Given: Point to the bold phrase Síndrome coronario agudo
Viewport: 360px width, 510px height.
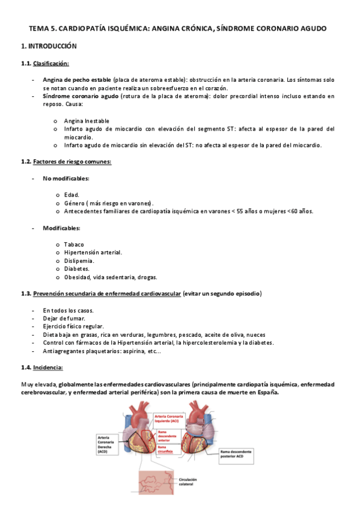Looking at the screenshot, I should point(81,96).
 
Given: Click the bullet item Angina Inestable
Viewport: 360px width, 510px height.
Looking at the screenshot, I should point(87,121).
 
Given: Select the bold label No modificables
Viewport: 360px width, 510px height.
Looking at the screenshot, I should point(66,179).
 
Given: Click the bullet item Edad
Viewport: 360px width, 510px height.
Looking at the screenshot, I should point(72,195).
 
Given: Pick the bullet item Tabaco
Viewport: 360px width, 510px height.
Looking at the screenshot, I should point(74,244).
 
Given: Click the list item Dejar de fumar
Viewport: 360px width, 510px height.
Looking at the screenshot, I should point(64,318).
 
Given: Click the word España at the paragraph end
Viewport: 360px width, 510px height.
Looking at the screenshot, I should point(264,392).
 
